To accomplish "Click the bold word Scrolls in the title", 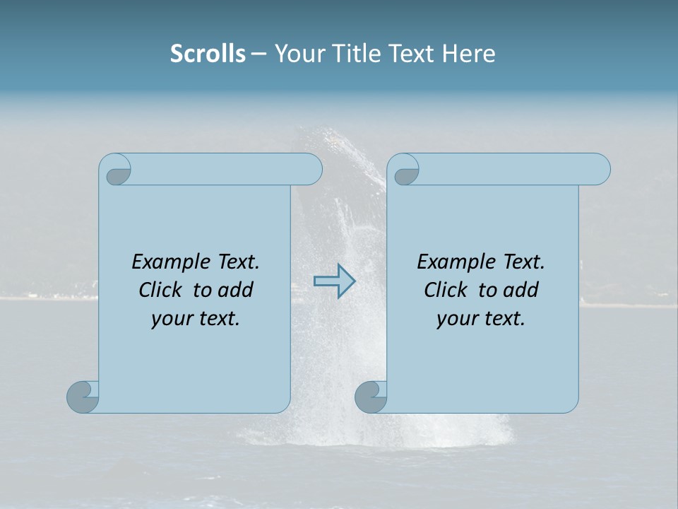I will point(208,54).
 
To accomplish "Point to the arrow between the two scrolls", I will point(335,281).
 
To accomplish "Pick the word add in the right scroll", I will point(521,290).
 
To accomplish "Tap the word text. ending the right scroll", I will point(503,319).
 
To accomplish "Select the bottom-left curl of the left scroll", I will point(83,397).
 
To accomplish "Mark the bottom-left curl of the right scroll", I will point(371,397).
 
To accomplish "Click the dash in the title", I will point(259,54).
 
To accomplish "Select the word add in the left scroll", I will point(236,290).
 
